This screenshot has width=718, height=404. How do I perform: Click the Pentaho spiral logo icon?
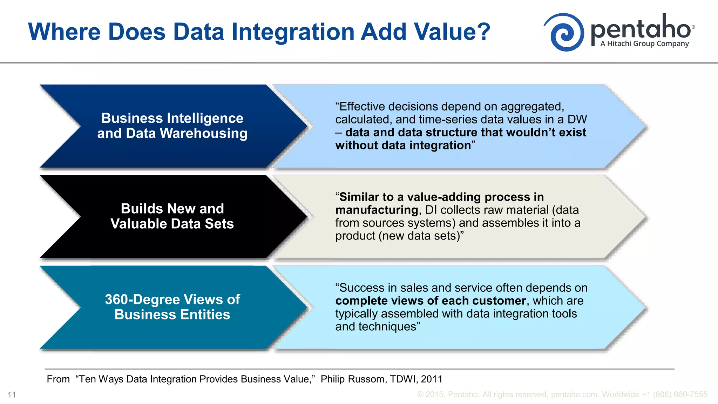click(564, 32)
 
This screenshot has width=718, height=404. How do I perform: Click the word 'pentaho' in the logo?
click(641, 28)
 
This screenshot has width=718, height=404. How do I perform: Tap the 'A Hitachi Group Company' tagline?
click(644, 44)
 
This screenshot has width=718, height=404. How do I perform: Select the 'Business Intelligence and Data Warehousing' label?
click(172, 126)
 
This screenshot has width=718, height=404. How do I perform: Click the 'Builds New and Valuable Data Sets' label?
click(172, 216)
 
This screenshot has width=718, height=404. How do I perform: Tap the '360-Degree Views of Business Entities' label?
click(172, 307)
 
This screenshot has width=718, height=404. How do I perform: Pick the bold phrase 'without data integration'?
click(403, 146)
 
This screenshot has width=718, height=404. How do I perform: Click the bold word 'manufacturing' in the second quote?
click(377, 210)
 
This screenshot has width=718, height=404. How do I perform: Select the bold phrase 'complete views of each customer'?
click(431, 301)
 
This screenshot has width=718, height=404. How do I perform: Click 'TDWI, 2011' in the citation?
click(416, 379)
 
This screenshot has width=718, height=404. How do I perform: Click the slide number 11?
click(12, 395)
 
